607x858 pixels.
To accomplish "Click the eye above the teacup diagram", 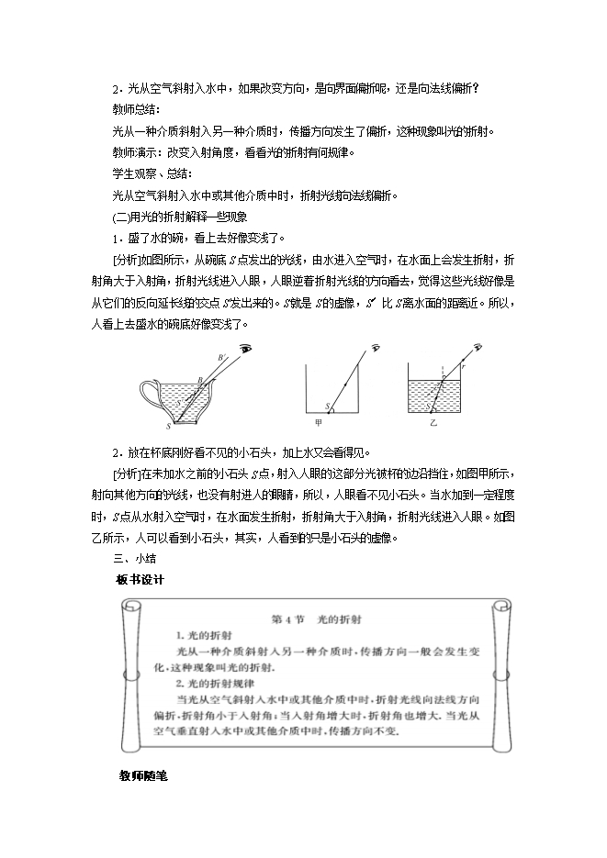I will point(246,350).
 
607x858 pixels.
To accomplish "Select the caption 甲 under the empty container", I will point(318,424).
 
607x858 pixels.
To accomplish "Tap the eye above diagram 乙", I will point(479,347).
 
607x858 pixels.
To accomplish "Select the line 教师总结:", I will point(136,109).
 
